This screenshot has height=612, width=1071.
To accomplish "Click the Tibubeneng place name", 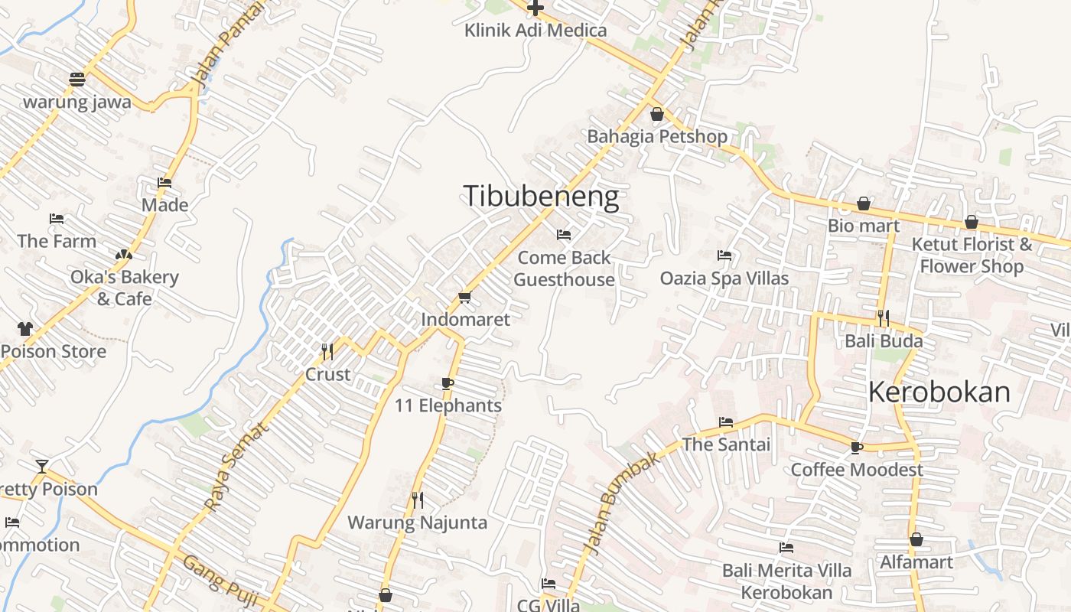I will click(541, 197).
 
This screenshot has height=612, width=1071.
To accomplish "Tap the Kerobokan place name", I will click(939, 392).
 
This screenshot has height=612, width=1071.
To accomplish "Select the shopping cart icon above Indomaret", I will click(464, 297).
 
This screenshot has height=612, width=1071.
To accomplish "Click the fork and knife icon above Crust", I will click(327, 352).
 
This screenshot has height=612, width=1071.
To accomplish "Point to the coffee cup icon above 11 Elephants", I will click(448, 383).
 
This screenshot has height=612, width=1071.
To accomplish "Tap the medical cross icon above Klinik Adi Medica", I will click(535, 8).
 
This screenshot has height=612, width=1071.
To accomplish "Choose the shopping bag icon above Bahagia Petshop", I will click(656, 115).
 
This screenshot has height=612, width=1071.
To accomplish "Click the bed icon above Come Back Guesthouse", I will click(564, 235).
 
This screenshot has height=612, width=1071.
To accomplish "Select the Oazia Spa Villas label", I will click(724, 278).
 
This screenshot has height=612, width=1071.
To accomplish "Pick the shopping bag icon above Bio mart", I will click(864, 203).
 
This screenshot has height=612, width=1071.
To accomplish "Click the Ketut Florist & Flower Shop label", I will click(972, 256).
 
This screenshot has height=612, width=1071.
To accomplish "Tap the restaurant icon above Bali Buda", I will click(884, 318).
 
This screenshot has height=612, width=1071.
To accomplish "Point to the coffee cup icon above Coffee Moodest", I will click(857, 448).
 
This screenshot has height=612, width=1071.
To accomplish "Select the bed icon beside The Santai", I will click(726, 422).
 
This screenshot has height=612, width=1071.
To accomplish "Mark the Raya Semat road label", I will click(236, 467).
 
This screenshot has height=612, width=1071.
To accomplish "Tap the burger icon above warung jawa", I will click(76, 79).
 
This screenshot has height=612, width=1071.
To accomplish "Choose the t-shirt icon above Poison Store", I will click(25, 329).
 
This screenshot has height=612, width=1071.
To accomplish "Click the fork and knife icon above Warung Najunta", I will click(418, 500).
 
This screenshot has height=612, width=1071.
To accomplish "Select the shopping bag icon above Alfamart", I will click(916, 540).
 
